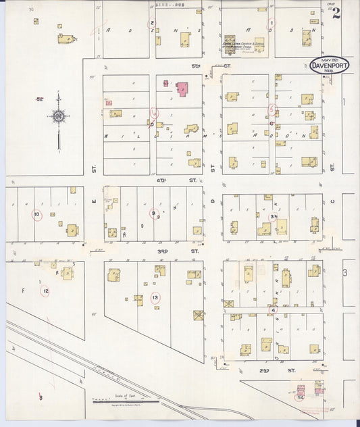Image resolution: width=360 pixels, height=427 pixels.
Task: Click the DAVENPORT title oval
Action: point(329,66)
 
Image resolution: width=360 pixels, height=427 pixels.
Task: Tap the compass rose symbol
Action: point(59,117)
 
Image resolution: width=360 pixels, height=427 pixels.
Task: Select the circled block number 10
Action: point(37,215)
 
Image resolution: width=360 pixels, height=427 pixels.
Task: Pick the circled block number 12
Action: point(45,291)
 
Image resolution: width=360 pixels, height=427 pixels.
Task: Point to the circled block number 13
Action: point(155,297)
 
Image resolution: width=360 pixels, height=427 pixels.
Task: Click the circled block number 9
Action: point(154,214)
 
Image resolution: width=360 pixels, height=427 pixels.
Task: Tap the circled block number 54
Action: point(299,398)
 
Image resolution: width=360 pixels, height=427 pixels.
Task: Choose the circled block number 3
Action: point(272,216)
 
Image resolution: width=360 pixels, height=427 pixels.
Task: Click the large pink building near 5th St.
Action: point(182,89)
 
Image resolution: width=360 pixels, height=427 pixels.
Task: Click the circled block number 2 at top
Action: point(153,23)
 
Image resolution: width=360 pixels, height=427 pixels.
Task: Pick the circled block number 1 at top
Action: point(272,23)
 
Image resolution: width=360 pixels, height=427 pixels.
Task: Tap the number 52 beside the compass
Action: point(40,99)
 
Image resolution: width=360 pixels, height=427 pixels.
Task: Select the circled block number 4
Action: point(273,309)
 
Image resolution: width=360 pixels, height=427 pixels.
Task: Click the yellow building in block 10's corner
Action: point(72,230)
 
